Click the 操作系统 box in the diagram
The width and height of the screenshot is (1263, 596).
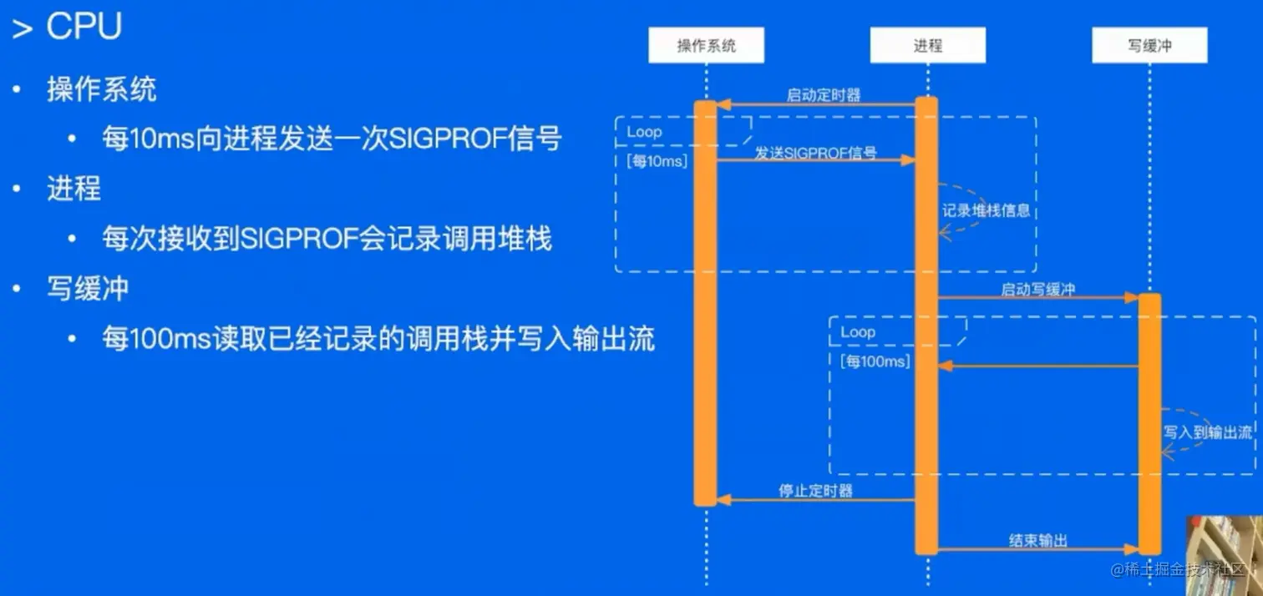[x=706, y=45]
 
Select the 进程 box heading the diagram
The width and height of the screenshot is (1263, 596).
[x=927, y=45]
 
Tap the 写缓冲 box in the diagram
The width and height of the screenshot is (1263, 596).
[x=1149, y=45]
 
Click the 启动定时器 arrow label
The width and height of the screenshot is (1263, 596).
[x=823, y=94]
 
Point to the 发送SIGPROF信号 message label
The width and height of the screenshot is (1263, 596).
[x=815, y=153]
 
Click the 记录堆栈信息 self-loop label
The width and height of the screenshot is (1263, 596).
[x=986, y=211]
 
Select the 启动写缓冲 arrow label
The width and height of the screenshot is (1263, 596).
[x=1037, y=290]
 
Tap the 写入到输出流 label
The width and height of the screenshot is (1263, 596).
[x=1208, y=432]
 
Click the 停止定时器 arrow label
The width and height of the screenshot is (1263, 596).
[x=815, y=491]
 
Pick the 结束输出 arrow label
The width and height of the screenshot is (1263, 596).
[x=1037, y=540]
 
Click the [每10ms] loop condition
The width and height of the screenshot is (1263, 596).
[x=657, y=162]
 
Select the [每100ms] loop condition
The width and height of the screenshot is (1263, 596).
[x=875, y=361]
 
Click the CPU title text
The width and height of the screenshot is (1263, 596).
[x=84, y=27]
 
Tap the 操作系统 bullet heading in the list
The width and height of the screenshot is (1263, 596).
[x=101, y=89]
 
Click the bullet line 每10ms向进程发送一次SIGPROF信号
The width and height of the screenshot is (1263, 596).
[x=332, y=139]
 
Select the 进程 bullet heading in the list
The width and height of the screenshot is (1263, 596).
[x=74, y=189]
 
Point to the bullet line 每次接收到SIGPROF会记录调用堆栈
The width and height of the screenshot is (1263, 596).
[x=327, y=239]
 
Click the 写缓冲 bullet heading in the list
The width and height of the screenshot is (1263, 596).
[x=87, y=289]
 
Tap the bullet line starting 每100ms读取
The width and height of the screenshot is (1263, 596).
[x=378, y=339]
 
